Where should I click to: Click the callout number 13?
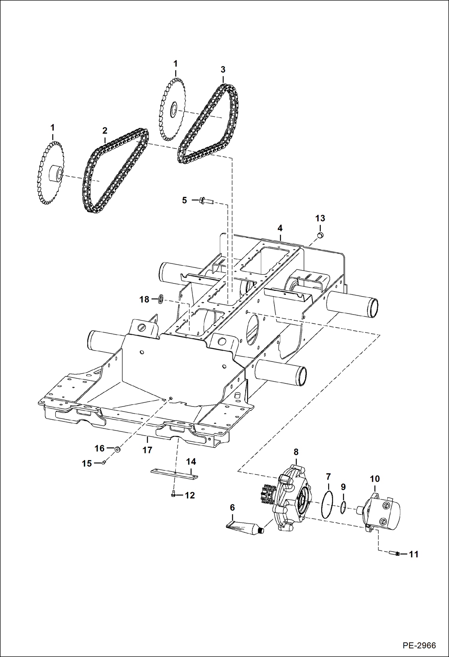320,218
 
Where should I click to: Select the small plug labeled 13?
320,235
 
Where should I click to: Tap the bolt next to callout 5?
206,201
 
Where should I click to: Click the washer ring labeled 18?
161,299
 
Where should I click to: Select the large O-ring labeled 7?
327,505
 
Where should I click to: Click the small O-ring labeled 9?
343,507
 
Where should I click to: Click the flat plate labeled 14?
174,474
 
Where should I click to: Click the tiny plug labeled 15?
103,463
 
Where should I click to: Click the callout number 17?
147,450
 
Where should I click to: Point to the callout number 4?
280,228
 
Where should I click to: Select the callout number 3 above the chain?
223,70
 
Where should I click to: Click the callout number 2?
105,131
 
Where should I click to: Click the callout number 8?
296,452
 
